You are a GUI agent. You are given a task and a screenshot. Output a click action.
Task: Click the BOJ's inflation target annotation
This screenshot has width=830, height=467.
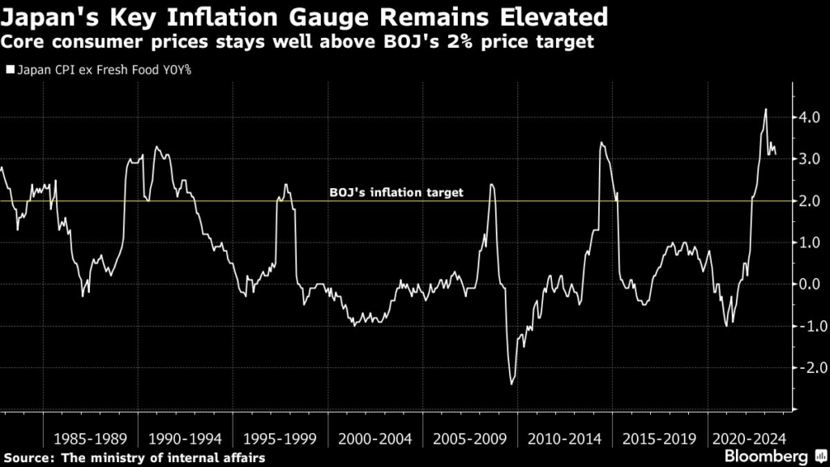pyautogui.click(x=396, y=193)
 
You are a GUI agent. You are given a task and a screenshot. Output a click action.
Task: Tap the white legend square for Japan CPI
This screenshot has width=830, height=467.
pyautogui.click(x=10, y=70)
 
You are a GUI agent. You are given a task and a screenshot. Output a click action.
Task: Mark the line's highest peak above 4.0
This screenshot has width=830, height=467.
pyautogui.click(x=766, y=109)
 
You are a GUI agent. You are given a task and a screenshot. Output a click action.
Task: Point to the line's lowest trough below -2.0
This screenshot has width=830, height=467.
pyautogui.click(x=511, y=383)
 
